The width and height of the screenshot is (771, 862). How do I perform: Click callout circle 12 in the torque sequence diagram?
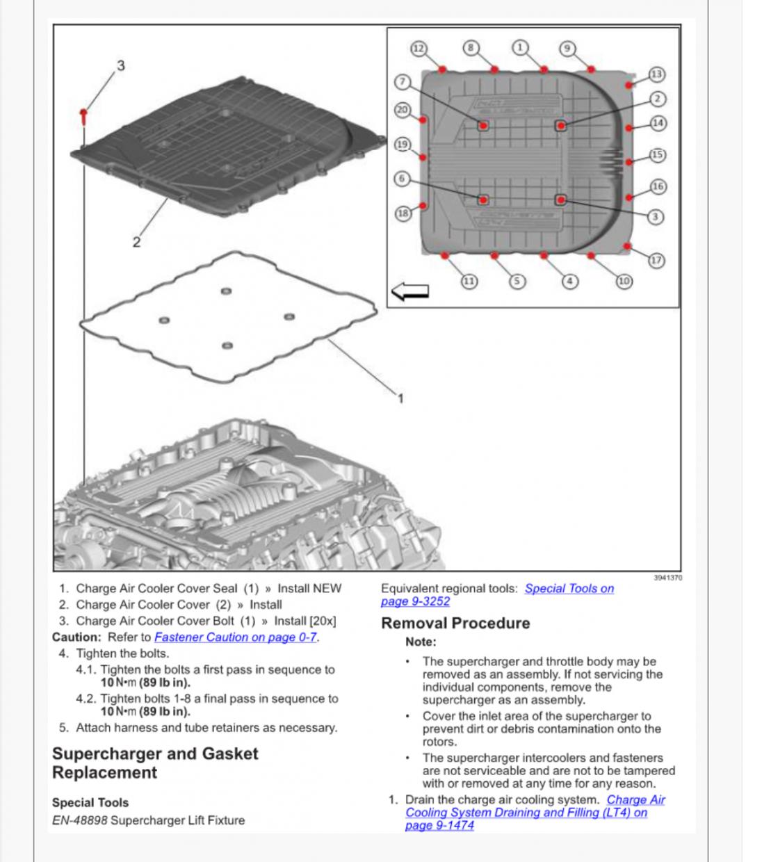click(x=419, y=49)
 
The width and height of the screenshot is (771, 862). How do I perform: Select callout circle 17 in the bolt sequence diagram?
click(x=657, y=261)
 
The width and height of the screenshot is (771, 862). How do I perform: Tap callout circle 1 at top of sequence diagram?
click(x=520, y=47)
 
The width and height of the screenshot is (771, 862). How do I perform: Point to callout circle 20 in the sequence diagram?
click(x=403, y=110)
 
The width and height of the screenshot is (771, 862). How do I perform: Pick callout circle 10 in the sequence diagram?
click(x=624, y=281)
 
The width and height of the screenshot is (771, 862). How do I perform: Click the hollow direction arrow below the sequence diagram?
click(x=410, y=292)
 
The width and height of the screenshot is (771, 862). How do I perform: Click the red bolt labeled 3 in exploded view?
click(x=83, y=115)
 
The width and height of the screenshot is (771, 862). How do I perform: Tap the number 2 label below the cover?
click(x=136, y=243)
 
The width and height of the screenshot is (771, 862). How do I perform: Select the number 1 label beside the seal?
click(x=400, y=398)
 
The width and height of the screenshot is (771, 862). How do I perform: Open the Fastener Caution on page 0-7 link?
click(x=236, y=637)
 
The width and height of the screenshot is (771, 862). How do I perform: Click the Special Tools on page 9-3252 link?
click(x=569, y=589)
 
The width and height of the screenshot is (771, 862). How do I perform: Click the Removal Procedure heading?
click(x=455, y=623)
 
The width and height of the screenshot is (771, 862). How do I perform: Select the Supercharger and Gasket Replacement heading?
click(x=155, y=763)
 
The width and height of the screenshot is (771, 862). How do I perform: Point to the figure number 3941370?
click(x=668, y=578)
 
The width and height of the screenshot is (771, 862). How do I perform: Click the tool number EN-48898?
click(x=80, y=820)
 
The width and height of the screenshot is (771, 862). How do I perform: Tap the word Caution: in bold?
click(x=76, y=637)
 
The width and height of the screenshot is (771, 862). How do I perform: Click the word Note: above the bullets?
click(x=421, y=642)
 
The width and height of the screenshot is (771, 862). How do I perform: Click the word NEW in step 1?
click(x=327, y=588)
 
